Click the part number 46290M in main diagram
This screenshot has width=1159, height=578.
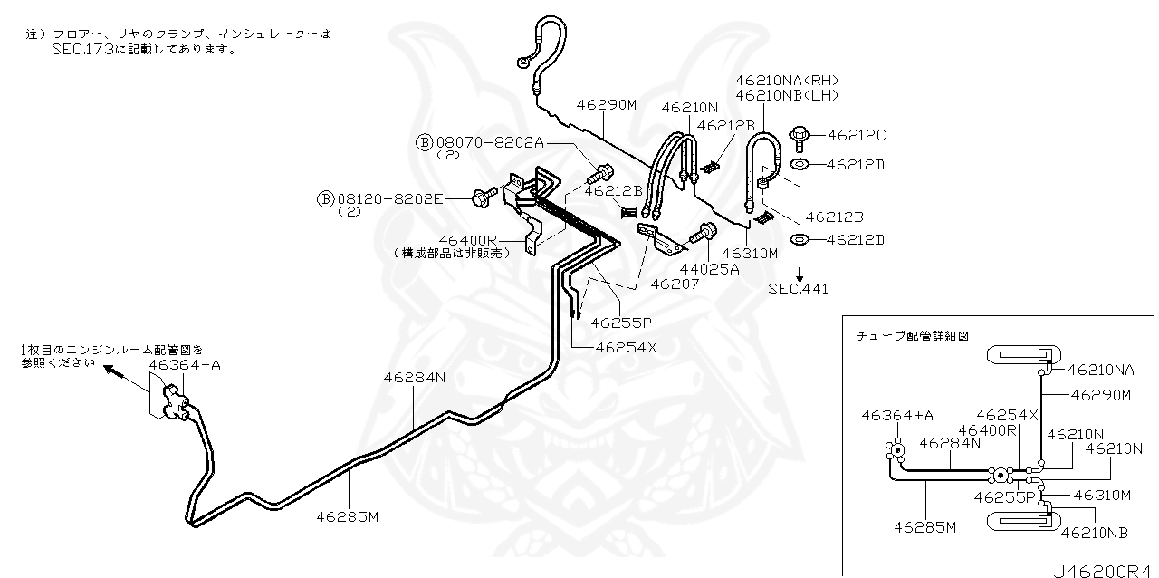[608, 105]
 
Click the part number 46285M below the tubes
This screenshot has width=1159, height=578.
[347, 517]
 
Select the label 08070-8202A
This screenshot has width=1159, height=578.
[490, 142]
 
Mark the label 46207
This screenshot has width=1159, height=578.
[675, 283]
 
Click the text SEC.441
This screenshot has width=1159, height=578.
[798, 289]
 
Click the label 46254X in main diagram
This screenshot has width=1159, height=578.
[626, 346]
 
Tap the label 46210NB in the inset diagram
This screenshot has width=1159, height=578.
[1094, 533]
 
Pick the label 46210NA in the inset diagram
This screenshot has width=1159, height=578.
[1100, 370]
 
